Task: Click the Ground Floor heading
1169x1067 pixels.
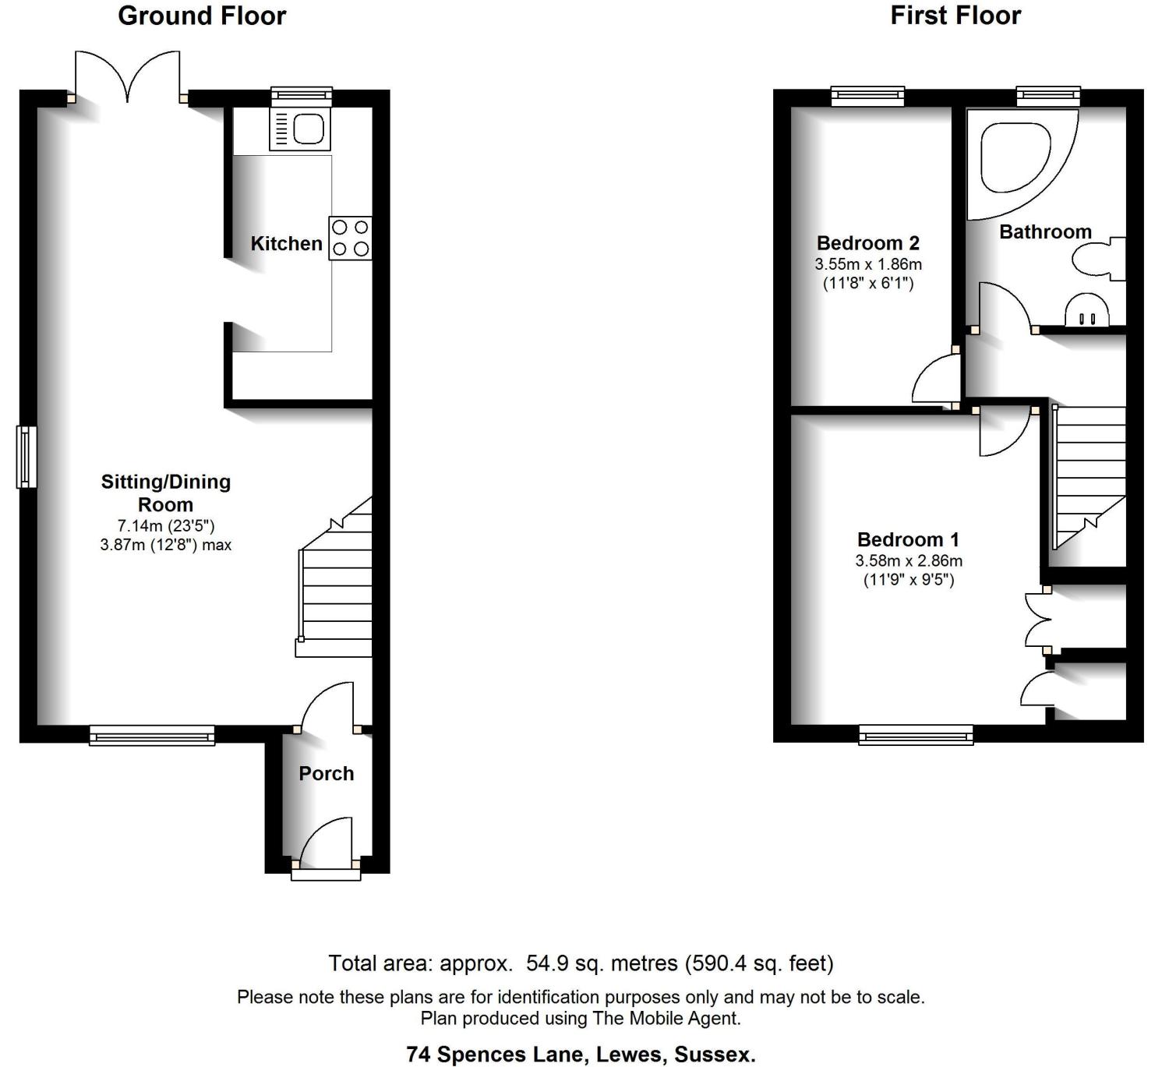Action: pos(202,16)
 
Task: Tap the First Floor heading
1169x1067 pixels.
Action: pos(955,16)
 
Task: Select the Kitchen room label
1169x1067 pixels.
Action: pos(286,244)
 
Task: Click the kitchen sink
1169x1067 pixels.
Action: pos(300,129)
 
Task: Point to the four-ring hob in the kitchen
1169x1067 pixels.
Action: pos(350,238)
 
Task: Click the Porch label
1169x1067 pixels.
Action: pos(327,774)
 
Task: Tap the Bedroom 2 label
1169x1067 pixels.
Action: pos(867,242)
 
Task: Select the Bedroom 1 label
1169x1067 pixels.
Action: pos(908,539)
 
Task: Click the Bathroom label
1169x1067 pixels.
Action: pos(1045,231)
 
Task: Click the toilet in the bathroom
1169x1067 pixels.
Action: pos(1099,258)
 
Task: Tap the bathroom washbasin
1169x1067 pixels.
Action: pos(1087,309)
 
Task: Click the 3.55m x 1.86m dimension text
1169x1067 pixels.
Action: pos(867,264)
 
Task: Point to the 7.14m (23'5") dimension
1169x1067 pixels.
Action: pos(166,526)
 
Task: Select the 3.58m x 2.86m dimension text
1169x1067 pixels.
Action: pos(909,561)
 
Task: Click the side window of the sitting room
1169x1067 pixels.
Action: pos(26,457)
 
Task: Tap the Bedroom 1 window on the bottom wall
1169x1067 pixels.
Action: pos(916,735)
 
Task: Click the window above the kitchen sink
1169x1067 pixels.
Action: pos(302,96)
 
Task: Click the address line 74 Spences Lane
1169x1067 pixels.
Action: pos(581,1055)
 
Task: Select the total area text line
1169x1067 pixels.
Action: pos(581,963)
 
